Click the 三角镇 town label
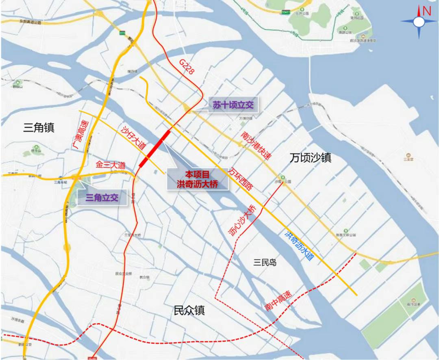(x=39, y=128)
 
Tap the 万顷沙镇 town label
(x=311, y=158)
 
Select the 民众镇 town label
(x=189, y=311)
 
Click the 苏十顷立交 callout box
(x=233, y=105)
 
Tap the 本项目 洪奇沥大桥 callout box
(x=198, y=179)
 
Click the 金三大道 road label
(x=110, y=165)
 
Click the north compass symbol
(x=419, y=22)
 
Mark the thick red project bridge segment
(x=155, y=149)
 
